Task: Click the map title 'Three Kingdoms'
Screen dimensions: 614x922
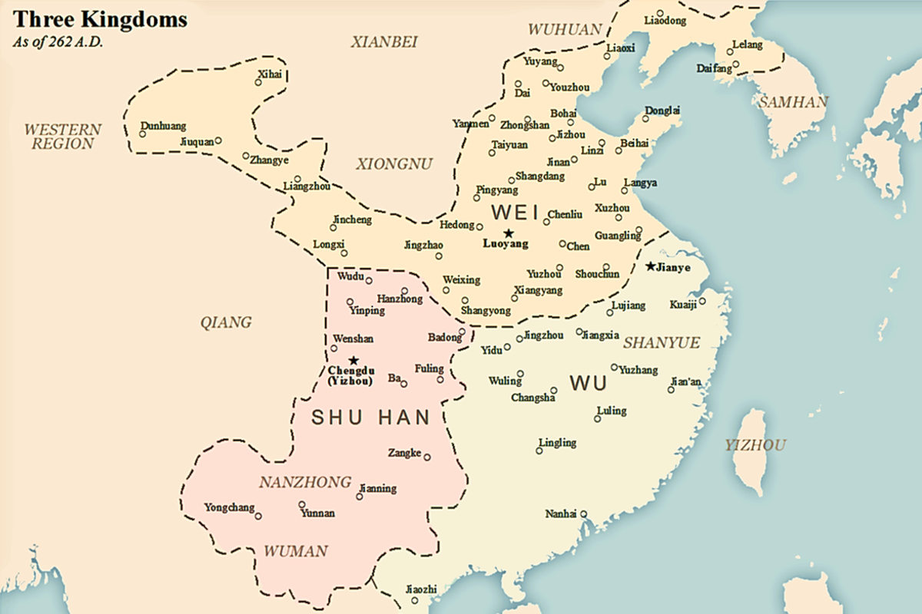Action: pyautogui.click(x=99, y=20)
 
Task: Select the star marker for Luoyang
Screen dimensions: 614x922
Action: pyautogui.click(x=507, y=233)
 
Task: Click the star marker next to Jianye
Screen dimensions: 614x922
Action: pyautogui.click(x=651, y=266)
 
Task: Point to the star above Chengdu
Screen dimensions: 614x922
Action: pyautogui.click(x=353, y=360)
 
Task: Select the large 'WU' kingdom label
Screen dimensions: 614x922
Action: pyautogui.click(x=589, y=383)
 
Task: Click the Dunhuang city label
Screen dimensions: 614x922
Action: pyautogui.click(x=163, y=126)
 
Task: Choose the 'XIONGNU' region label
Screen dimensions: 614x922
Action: pyautogui.click(x=394, y=163)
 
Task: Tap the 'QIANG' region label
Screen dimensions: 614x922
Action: pyautogui.click(x=226, y=322)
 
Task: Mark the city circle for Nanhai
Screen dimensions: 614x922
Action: pyautogui.click(x=584, y=514)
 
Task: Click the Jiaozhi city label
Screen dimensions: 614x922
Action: pyautogui.click(x=420, y=589)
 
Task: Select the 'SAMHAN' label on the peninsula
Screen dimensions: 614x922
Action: pyautogui.click(x=793, y=101)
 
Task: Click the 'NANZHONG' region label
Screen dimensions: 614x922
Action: pyautogui.click(x=304, y=483)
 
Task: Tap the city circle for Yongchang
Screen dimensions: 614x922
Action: pyautogui.click(x=258, y=517)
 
